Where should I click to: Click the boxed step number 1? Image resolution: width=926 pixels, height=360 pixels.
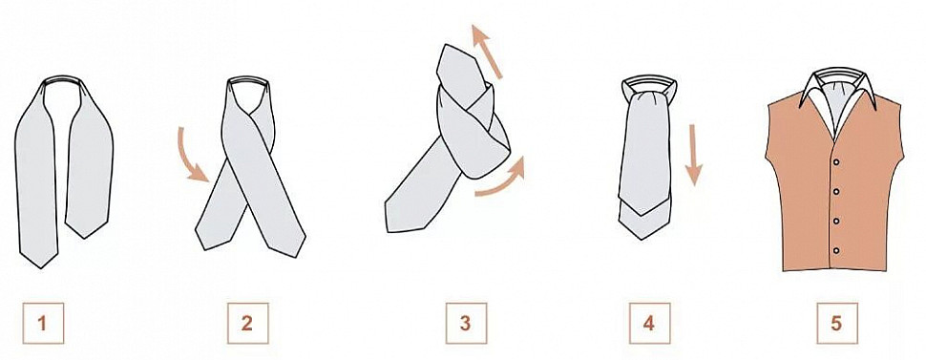coord(43,323)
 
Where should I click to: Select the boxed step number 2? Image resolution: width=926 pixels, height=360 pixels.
coord(247,323)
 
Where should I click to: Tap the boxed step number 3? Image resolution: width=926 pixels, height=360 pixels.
coord(466,323)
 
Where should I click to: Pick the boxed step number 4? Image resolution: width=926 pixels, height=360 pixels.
coord(649,323)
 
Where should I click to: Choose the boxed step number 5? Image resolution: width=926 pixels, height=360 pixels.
coord(837,323)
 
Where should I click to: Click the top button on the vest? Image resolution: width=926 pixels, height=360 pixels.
coord(836,162)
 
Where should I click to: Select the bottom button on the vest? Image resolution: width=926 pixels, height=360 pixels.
coord(836,250)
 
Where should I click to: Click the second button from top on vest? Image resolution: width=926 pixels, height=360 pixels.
coord(836,191)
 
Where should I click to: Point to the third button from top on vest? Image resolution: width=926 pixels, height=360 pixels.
coord(836,222)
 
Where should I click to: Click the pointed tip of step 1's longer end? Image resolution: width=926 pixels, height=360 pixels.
coord(41,268)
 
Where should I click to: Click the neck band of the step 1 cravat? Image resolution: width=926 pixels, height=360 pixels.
coord(63,78)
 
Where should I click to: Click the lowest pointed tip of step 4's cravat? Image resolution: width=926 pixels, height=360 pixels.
coord(641,239)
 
